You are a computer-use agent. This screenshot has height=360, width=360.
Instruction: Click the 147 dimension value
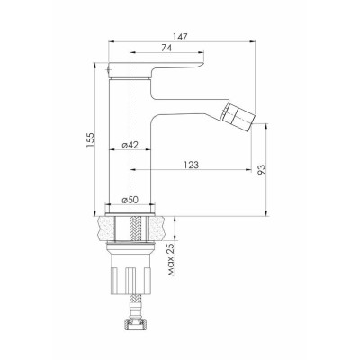[181, 37]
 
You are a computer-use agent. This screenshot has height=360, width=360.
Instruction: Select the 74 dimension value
[166, 48]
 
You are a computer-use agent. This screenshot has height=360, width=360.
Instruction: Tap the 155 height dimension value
[90, 139]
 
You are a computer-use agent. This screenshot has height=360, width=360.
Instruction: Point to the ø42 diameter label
[130, 145]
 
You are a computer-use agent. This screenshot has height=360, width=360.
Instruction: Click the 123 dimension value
[192, 165]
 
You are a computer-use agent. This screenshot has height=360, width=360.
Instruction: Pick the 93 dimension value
[262, 170]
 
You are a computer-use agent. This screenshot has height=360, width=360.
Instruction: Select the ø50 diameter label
[130, 200]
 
